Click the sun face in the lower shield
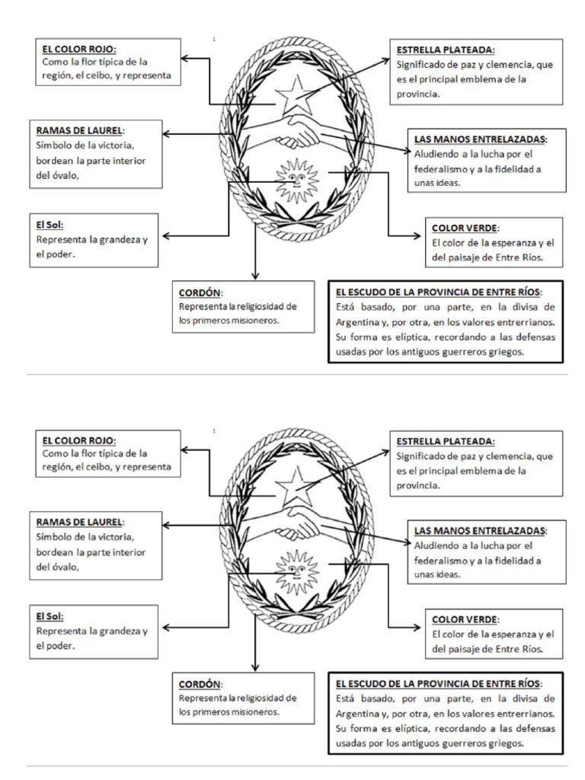click(293, 567)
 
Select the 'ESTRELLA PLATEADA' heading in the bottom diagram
click(446, 441)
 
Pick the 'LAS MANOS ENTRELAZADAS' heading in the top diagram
click(480, 139)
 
